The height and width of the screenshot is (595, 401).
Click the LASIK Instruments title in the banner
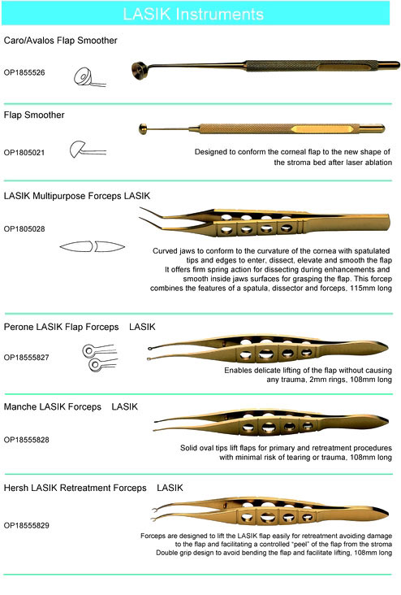193,14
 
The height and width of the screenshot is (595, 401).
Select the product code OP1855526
24,72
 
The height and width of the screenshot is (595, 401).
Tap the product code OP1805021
24,153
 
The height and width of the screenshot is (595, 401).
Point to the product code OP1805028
24,229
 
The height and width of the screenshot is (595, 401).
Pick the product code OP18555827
27,358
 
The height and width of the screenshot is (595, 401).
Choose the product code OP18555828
27,440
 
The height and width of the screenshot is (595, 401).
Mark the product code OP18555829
27,526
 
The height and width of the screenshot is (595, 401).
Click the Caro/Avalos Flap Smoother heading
61,41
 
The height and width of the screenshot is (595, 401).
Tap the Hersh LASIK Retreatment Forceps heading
75,488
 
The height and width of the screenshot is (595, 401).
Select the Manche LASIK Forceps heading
53,406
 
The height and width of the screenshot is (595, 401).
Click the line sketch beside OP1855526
89,77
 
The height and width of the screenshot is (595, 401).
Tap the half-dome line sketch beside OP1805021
87,150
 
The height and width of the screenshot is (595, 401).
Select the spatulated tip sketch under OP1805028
92,246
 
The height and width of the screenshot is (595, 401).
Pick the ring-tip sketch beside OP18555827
99,358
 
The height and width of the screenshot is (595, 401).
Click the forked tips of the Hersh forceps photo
156,514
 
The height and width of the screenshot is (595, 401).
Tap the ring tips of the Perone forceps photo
151,354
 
